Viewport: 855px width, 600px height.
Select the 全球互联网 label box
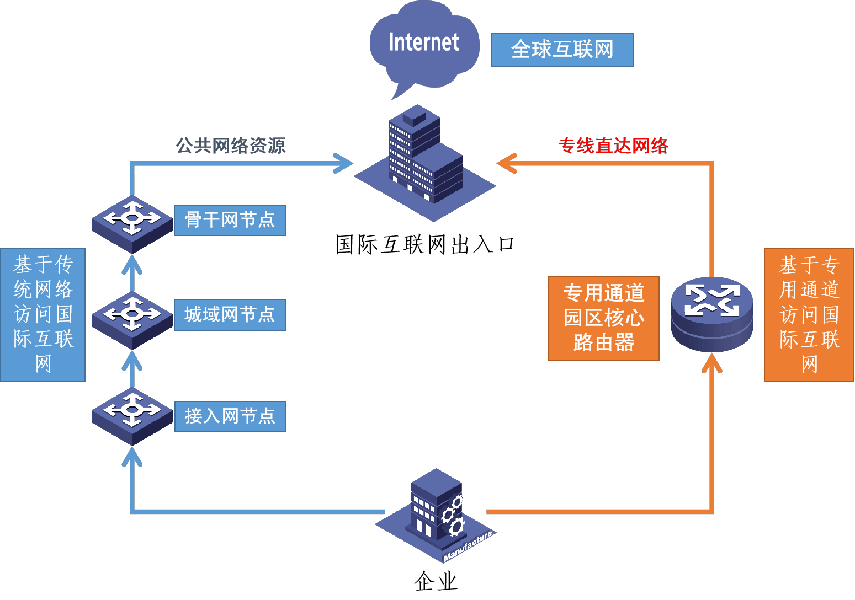562,50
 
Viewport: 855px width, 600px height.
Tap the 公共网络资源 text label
230,146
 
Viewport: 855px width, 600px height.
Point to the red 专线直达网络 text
613,146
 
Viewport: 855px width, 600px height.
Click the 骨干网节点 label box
230,220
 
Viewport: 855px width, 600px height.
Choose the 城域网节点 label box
230,315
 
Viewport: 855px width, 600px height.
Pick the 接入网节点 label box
230,416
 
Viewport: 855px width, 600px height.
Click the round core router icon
712,313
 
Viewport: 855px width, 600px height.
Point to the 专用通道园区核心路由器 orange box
603,319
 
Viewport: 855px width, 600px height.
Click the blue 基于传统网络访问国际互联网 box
43,314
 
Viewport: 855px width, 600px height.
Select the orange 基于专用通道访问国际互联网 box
809,314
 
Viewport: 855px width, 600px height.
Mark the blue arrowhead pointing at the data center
344,163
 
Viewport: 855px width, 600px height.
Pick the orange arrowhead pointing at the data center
506,163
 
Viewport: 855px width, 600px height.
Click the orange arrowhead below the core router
712,364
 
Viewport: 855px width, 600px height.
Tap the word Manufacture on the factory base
468,547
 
